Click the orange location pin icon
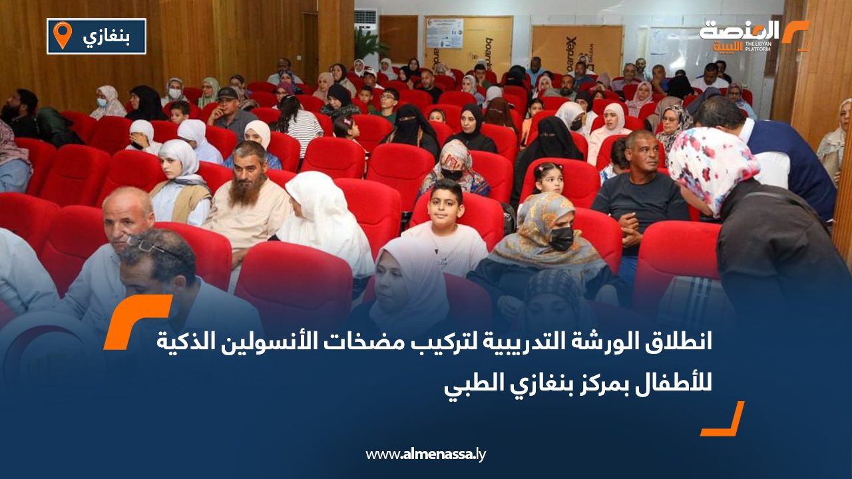pyautogui.click(x=62, y=35)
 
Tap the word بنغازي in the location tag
pyautogui.click(x=106, y=36)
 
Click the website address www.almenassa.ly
pyautogui.click(x=425, y=454)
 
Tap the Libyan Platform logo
pyautogui.click(x=752, y=35)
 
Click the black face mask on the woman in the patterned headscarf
pyautogui.click(x=561, y=238)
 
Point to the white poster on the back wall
pyautogui.click(x=444, y=33)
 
